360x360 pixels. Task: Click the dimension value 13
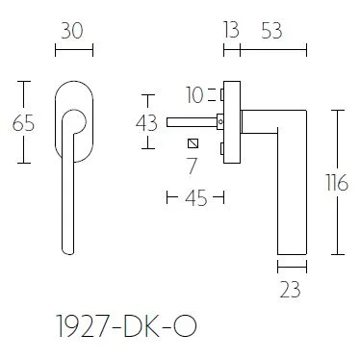(x=229, y=30)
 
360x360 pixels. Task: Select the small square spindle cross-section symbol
(x=195, y=144)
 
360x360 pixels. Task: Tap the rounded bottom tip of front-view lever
(x=66, y=252)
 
